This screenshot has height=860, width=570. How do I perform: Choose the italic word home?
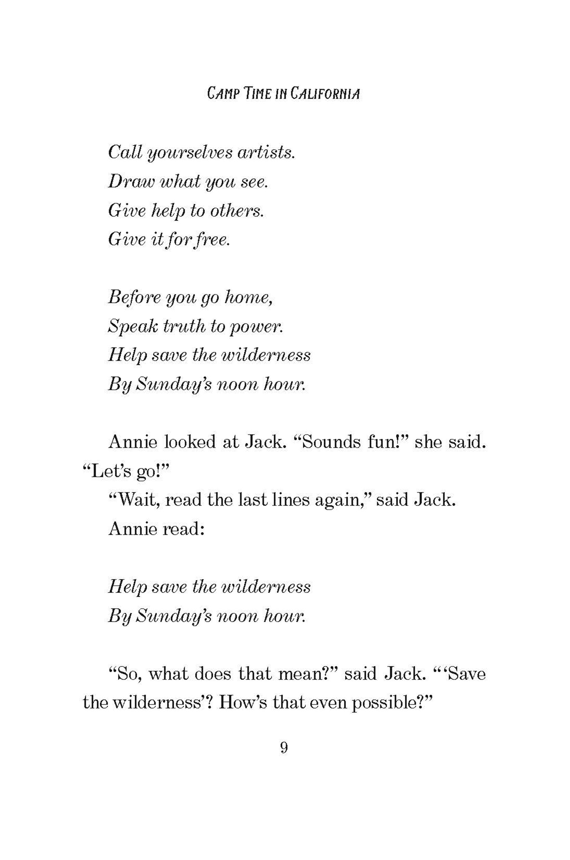pos(249,297)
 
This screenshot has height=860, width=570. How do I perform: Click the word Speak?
pos(132,326)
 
